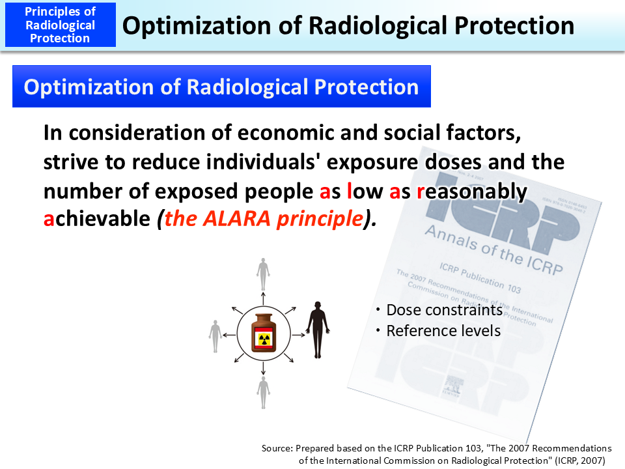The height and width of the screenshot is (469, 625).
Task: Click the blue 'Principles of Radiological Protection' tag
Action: pos(60,25)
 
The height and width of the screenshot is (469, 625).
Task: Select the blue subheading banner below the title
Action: pos(221,87)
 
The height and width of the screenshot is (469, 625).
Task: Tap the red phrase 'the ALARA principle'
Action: pos(263,219)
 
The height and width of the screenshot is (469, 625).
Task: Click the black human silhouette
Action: pos(318,329)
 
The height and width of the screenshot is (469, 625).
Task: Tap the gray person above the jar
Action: pos(263,274)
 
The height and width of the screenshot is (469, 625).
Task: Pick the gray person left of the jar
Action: pos(215,336)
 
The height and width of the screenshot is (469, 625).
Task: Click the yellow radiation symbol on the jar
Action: pos(264,339)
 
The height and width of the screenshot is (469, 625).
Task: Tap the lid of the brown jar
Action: pos(263,315)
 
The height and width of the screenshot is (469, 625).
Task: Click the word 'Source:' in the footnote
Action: pos(277,448)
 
